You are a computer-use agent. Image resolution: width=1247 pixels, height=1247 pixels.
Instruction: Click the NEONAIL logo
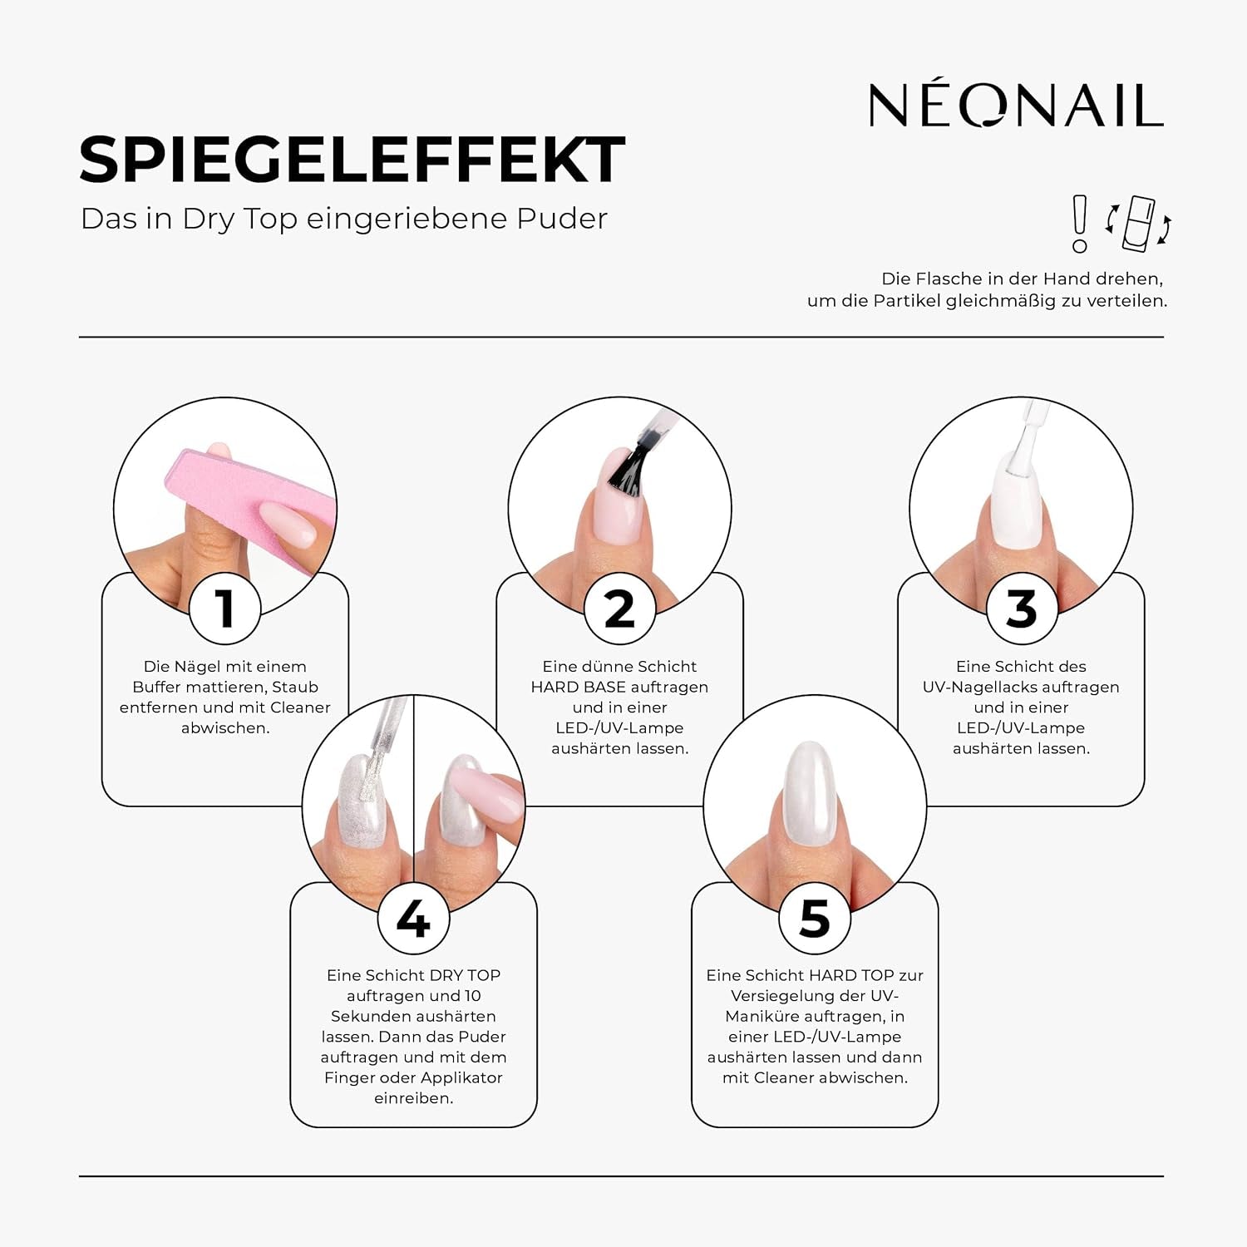pyautogui.click(x=1015, y=106)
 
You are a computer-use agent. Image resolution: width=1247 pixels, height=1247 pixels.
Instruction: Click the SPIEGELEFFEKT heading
pyautogui.click(x=352, y=160)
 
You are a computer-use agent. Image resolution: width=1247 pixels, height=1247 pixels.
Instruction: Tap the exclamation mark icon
pyautogui.click(x=1079, y=224)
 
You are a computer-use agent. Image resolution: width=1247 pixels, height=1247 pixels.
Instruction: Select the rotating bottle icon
pyautogui.click(x=1138, y=224)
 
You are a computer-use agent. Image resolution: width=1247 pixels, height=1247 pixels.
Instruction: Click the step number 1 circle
pyautogui.click(x=225, y=609)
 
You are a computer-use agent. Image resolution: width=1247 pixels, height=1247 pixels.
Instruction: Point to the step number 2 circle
pyautogui.click(x=620, y=609)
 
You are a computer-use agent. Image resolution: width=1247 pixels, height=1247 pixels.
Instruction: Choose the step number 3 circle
pyautogui.click(x=1022, y=609)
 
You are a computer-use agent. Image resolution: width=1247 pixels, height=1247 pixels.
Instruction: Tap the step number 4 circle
pyautogui.click(x=413, y=918)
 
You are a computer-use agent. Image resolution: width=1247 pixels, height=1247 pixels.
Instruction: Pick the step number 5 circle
pyautogui.click(x=815, y=918)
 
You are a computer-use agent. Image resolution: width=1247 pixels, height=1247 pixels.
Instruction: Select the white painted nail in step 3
pyautogui.click(x=1016, y=503)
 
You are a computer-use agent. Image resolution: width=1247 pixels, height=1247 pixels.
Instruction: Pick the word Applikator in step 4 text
pyautogui.click(x=461, y=1077)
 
